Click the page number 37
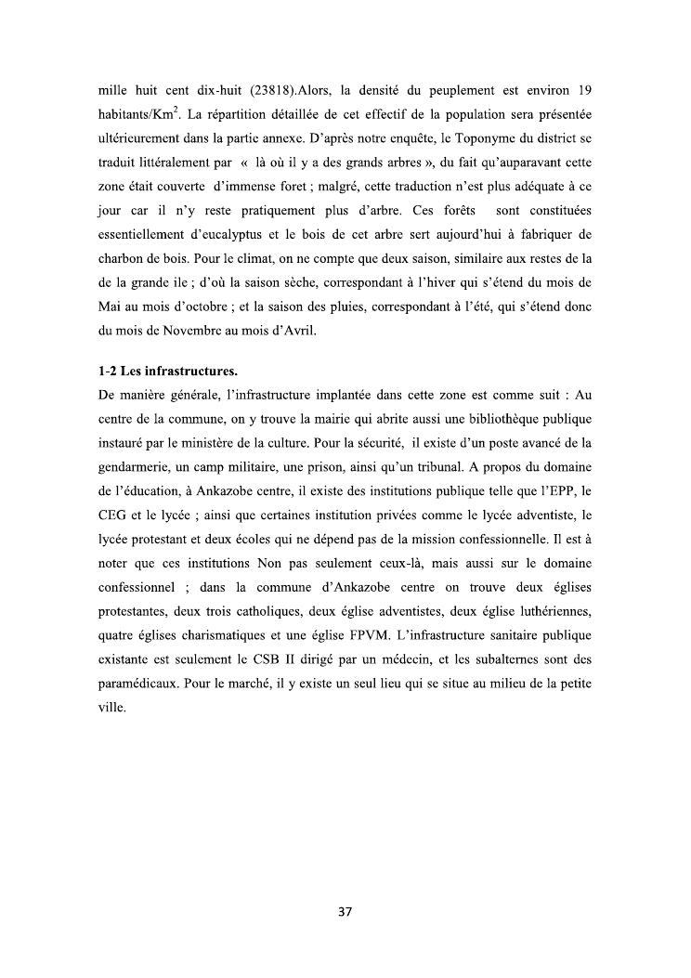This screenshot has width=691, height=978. (x=345, y=911)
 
